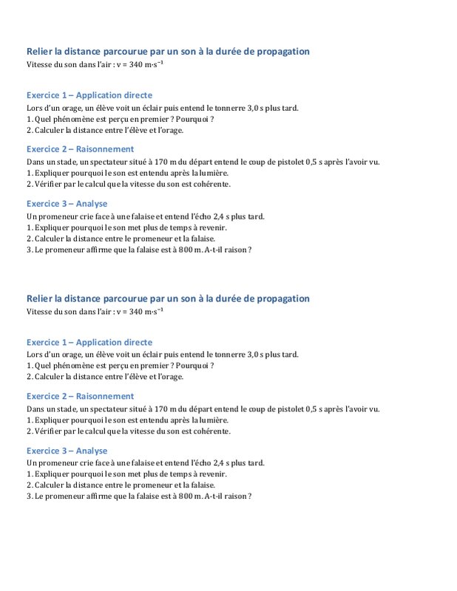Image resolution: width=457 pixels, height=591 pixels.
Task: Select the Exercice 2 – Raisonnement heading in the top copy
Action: [x=80, y=148]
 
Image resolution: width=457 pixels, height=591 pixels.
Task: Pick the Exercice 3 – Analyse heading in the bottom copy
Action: [x=67, y=451]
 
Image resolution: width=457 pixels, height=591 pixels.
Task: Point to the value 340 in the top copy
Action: [x=136, y=65]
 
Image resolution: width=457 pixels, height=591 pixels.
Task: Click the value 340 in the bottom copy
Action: [x=136, y=312]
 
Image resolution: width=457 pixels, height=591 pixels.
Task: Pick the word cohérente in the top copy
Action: [x=211, y=184]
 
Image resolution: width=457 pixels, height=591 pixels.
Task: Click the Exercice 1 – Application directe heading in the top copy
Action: [x=89, y=95]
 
